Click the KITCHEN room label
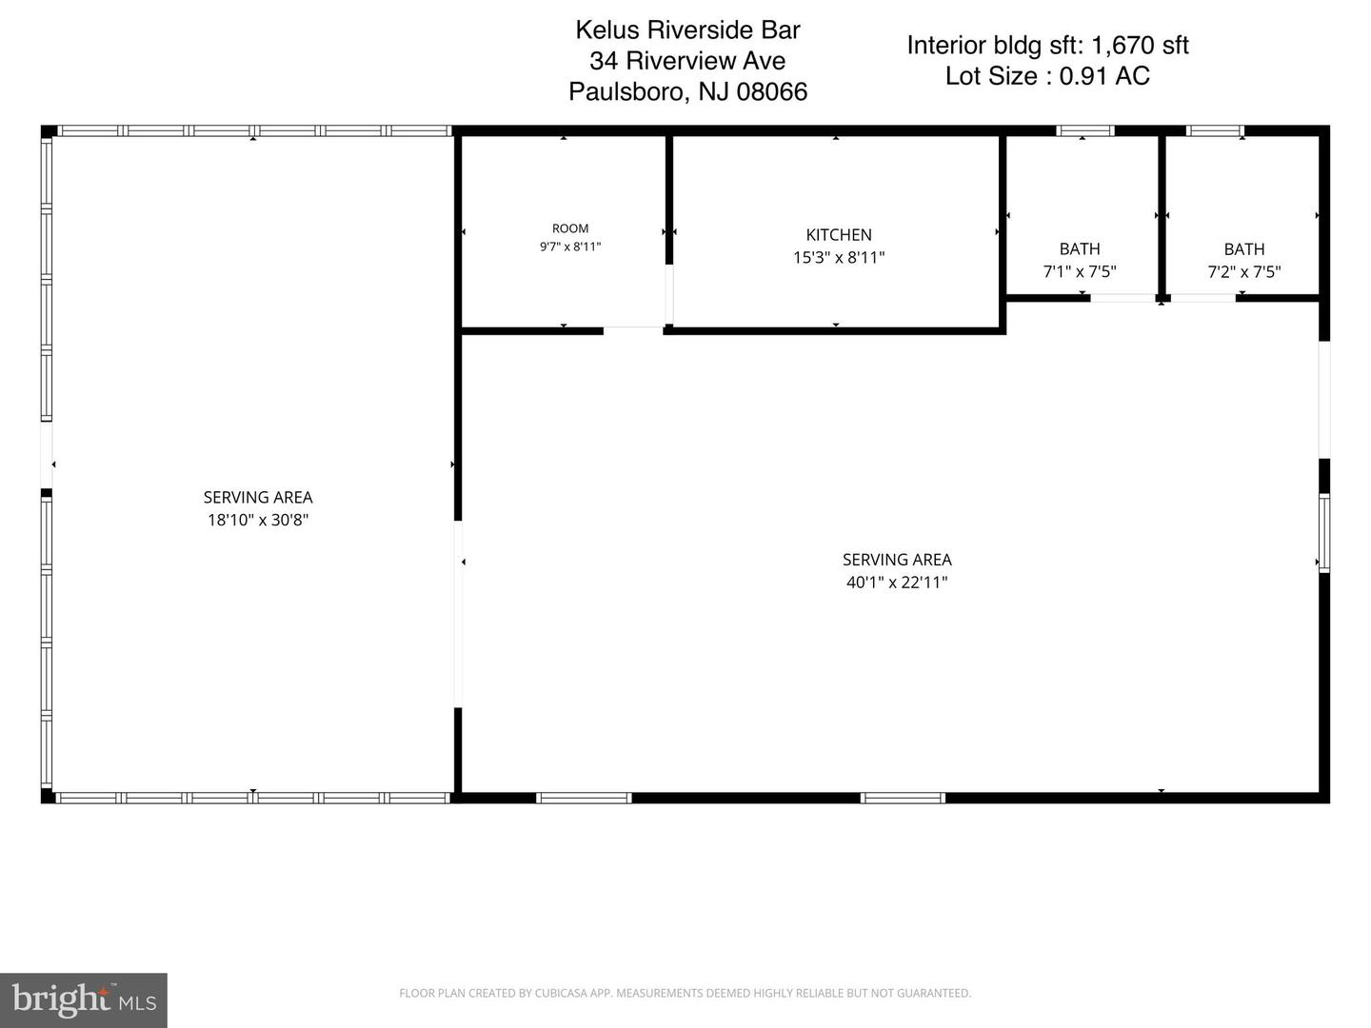pos(838,235)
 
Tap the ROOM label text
pos(569,228)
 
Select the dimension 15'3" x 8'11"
pos(838,257)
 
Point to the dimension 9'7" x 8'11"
pos(569,247)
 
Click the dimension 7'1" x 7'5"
pos(1080,271)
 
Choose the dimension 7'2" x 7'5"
pos(1243,271)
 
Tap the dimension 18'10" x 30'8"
pos(258,520)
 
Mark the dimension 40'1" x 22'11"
pos(896,583)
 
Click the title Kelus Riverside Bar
pos(687,30)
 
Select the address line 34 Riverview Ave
pos(687,61)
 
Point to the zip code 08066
pos(771,91)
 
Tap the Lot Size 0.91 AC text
pos(1047,76)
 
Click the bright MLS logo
pos(83,999)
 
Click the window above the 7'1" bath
pos(1085,130)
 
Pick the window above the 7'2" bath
pos(1215,130)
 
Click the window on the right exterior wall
pos(1324,532)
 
